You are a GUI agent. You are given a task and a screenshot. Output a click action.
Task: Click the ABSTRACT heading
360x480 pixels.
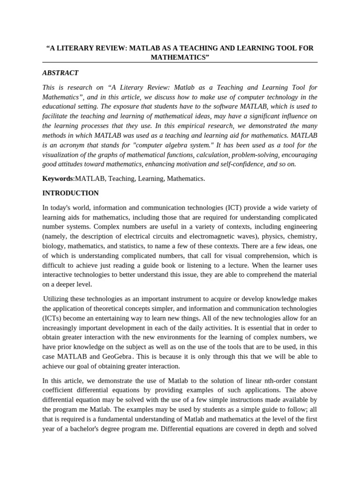(x=60, y=73)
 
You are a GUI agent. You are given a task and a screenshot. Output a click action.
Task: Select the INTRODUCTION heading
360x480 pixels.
(x=70, y=193)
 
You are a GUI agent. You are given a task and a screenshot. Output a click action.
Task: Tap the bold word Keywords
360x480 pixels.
(x=58, y=179)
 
